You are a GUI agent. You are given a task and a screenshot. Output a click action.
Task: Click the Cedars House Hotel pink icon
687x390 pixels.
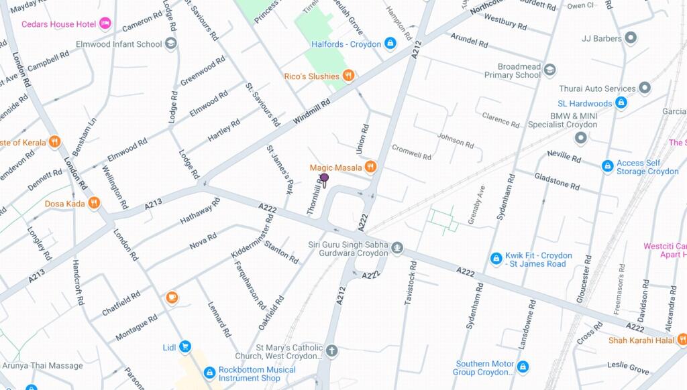point(105,24)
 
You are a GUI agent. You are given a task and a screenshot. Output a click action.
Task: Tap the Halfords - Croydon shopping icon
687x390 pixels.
point(390,44)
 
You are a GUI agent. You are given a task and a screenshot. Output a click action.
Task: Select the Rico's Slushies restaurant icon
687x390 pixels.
point(348,76)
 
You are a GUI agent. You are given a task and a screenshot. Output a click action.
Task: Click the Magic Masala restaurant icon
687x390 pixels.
point(370,167)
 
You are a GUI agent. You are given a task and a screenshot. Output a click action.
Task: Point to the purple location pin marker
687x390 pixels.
point(324,179)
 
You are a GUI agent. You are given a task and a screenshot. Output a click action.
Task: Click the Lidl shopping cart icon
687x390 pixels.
point(185,346)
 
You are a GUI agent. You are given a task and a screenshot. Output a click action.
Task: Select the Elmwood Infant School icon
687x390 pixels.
point(171,44)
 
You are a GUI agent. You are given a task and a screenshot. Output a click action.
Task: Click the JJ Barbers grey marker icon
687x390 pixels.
point(630,38)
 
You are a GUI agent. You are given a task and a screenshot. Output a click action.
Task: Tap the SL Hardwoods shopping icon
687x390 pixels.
point(621,103)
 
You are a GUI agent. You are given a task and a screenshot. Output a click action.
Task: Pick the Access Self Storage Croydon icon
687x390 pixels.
point(607,166)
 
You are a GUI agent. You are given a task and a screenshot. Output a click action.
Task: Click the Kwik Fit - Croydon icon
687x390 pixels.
point(496,259)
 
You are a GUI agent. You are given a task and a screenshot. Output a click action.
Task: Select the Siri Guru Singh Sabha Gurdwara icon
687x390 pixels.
point(397,249)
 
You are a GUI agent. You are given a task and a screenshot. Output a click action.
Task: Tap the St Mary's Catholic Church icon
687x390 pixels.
point(331,350)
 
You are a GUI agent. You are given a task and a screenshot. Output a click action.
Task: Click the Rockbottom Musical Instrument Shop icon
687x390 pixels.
point(209,373)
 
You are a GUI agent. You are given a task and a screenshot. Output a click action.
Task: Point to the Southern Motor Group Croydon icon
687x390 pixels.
point(523,367)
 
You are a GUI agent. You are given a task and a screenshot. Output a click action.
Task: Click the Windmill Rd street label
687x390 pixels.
point(312,112)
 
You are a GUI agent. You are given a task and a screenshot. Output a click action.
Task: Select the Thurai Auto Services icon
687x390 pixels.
point(644,88)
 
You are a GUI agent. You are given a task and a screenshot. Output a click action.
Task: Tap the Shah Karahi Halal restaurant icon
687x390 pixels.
point(681,340)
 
